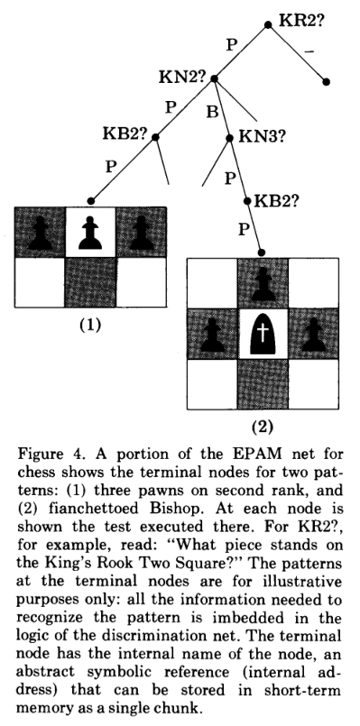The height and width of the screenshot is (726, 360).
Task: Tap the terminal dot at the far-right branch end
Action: click(327, 82)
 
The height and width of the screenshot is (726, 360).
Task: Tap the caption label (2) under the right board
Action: click(262, 422)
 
